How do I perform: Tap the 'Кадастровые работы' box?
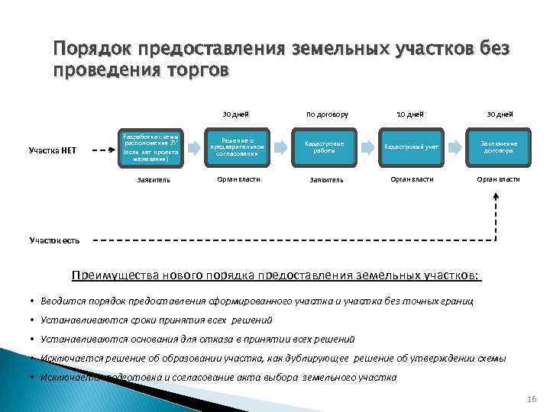[325, 147]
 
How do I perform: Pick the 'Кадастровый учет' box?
[411, 147]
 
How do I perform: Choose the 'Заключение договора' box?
[498, 147]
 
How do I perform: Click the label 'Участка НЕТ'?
[50, 150]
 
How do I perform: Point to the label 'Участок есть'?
[55, 240]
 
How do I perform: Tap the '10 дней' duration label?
[411, 114]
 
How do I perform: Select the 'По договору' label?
[327, 114]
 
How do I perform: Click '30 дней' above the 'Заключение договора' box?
[501, 114]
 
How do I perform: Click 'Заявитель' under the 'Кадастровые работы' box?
[326, 180]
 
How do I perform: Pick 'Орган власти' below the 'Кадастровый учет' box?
[412, 179]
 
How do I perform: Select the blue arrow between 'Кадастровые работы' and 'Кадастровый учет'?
[369, 146]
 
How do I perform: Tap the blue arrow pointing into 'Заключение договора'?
[455, 146]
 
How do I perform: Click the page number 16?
[532, 401]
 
